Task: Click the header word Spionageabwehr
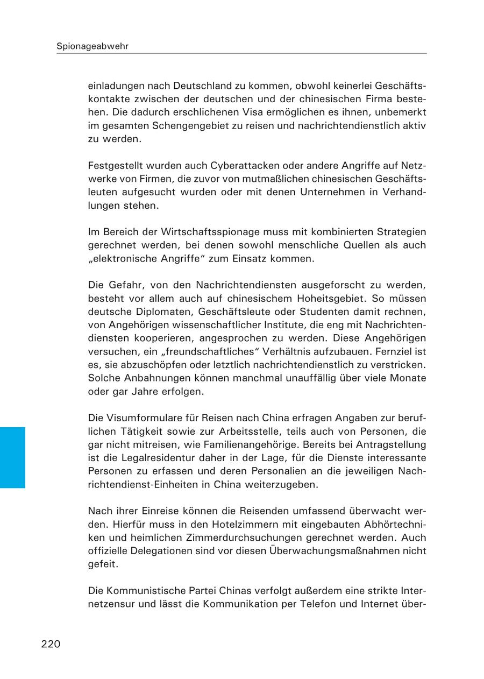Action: (92, 46)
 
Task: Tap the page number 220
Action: (51, 644)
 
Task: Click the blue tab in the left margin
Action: (12, 457)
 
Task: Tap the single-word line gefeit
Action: (101, 564)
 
